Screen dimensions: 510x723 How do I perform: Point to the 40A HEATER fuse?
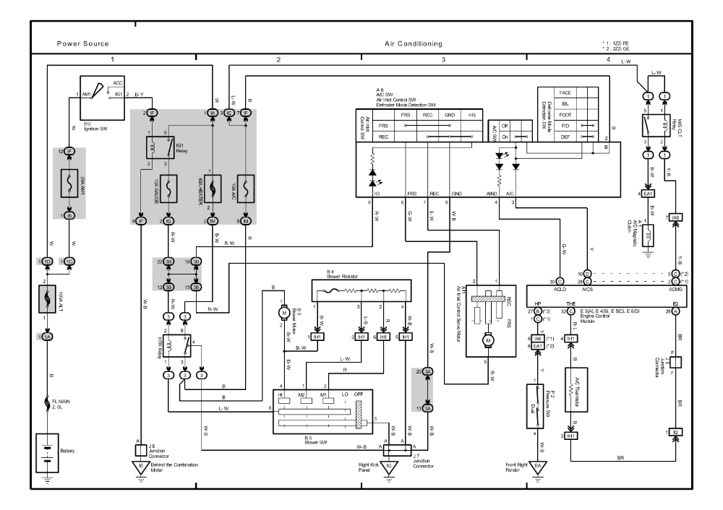click(x=213, y=189)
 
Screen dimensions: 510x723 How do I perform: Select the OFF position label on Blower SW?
click(x=358, y=393)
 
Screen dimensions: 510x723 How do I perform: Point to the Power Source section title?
click(x=83, y=44)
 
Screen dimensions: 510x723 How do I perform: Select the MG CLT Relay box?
click(x=660, y=125)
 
